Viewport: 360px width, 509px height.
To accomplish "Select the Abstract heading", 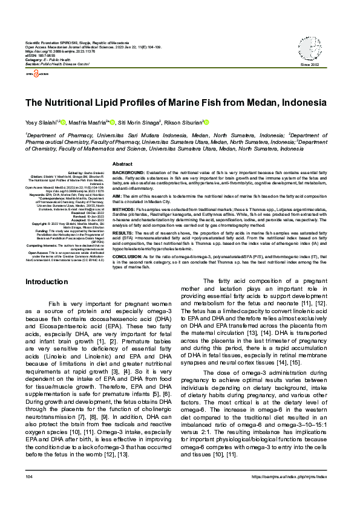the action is pyautogui.click(x=123, y=164).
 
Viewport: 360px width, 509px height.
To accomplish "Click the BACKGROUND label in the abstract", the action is pyautogui.click(x=129, y=172).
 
